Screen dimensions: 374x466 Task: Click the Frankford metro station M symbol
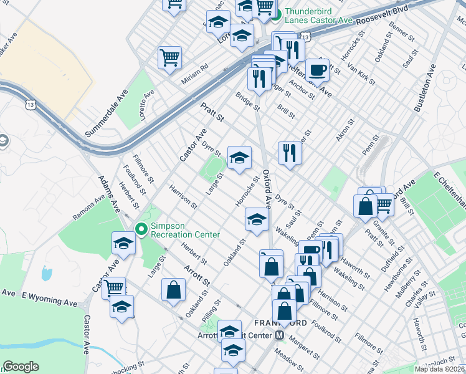point(280,335)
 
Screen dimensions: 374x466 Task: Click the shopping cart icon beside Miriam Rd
point(169,58)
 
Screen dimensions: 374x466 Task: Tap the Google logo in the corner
point(21,367)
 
